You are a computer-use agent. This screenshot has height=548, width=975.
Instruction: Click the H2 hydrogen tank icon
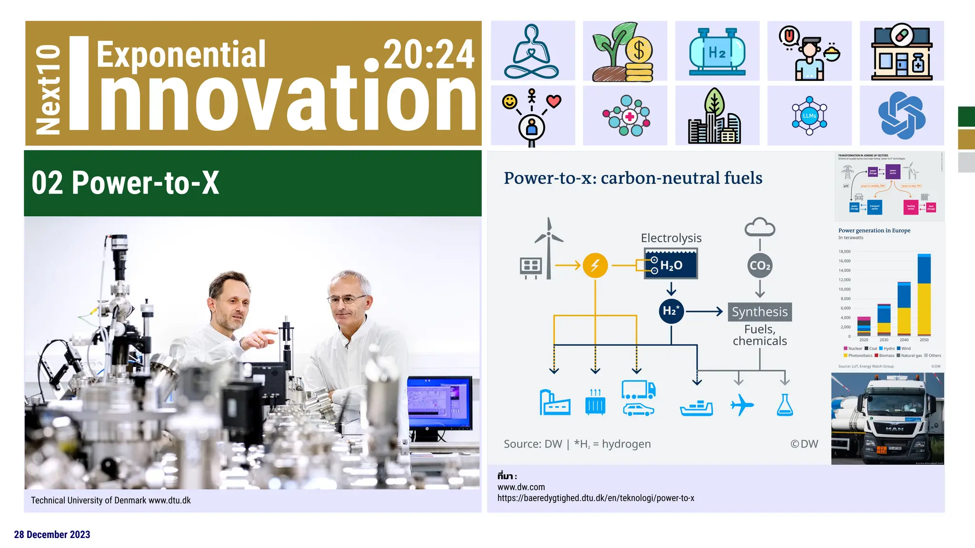click(x=717, y=51)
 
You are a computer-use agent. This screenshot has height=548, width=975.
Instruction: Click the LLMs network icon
click(x=809, y=116)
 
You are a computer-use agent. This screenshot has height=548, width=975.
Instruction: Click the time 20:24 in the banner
click(x=428, y=55)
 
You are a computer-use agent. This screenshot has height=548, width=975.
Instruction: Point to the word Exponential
click(x=181, y=55)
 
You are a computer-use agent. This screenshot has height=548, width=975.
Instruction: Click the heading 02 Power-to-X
click(x=125, y=183)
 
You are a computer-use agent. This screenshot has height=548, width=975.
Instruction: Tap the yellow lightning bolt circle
click(x=595, y=265)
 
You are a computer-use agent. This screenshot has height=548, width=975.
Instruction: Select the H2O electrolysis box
click(x=671, y=264)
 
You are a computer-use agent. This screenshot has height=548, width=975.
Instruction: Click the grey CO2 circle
click(x=760, y=265)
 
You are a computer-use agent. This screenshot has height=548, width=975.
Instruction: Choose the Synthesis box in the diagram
click(x=759, y=312)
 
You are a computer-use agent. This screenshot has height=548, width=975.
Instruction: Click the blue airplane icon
click(x=741, y=405)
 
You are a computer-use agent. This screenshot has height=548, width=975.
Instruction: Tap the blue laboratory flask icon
click(x=785, y=405)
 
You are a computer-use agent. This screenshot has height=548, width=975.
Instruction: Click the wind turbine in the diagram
click(x=549, y=247)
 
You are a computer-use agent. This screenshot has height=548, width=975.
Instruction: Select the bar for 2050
click(x=924, y=295)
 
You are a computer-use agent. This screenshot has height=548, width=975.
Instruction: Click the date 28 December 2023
click(x=52, y=535)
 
